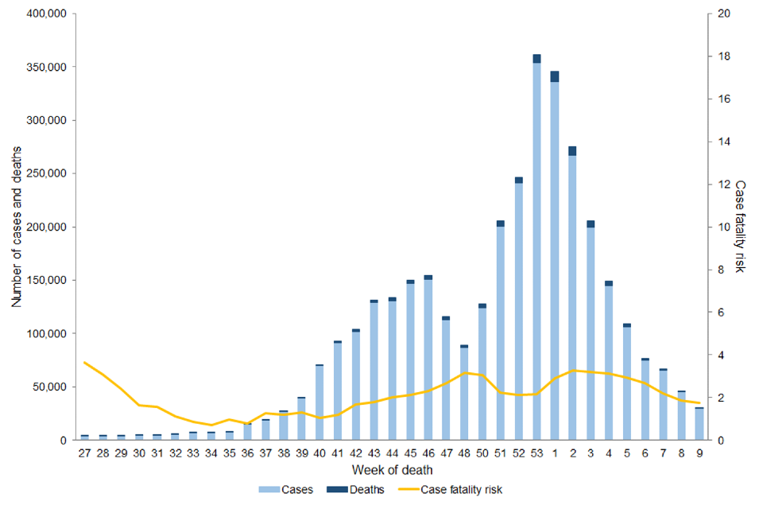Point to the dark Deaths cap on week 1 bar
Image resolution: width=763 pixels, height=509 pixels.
coord(555,76)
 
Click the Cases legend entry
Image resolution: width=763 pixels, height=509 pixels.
coord(291,490)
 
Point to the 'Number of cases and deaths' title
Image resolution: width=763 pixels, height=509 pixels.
coord(17,227)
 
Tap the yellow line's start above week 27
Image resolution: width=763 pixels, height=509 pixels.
coord(85,363)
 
